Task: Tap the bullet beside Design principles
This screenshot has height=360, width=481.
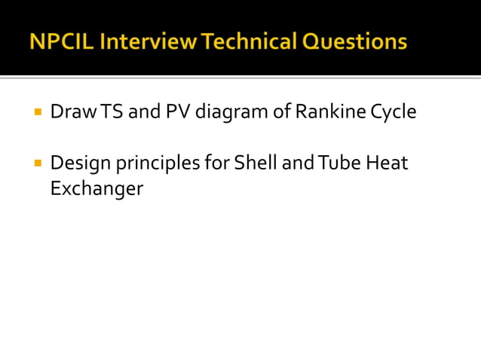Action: click(37, 161)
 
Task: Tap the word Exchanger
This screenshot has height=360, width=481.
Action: click(96, 188)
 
